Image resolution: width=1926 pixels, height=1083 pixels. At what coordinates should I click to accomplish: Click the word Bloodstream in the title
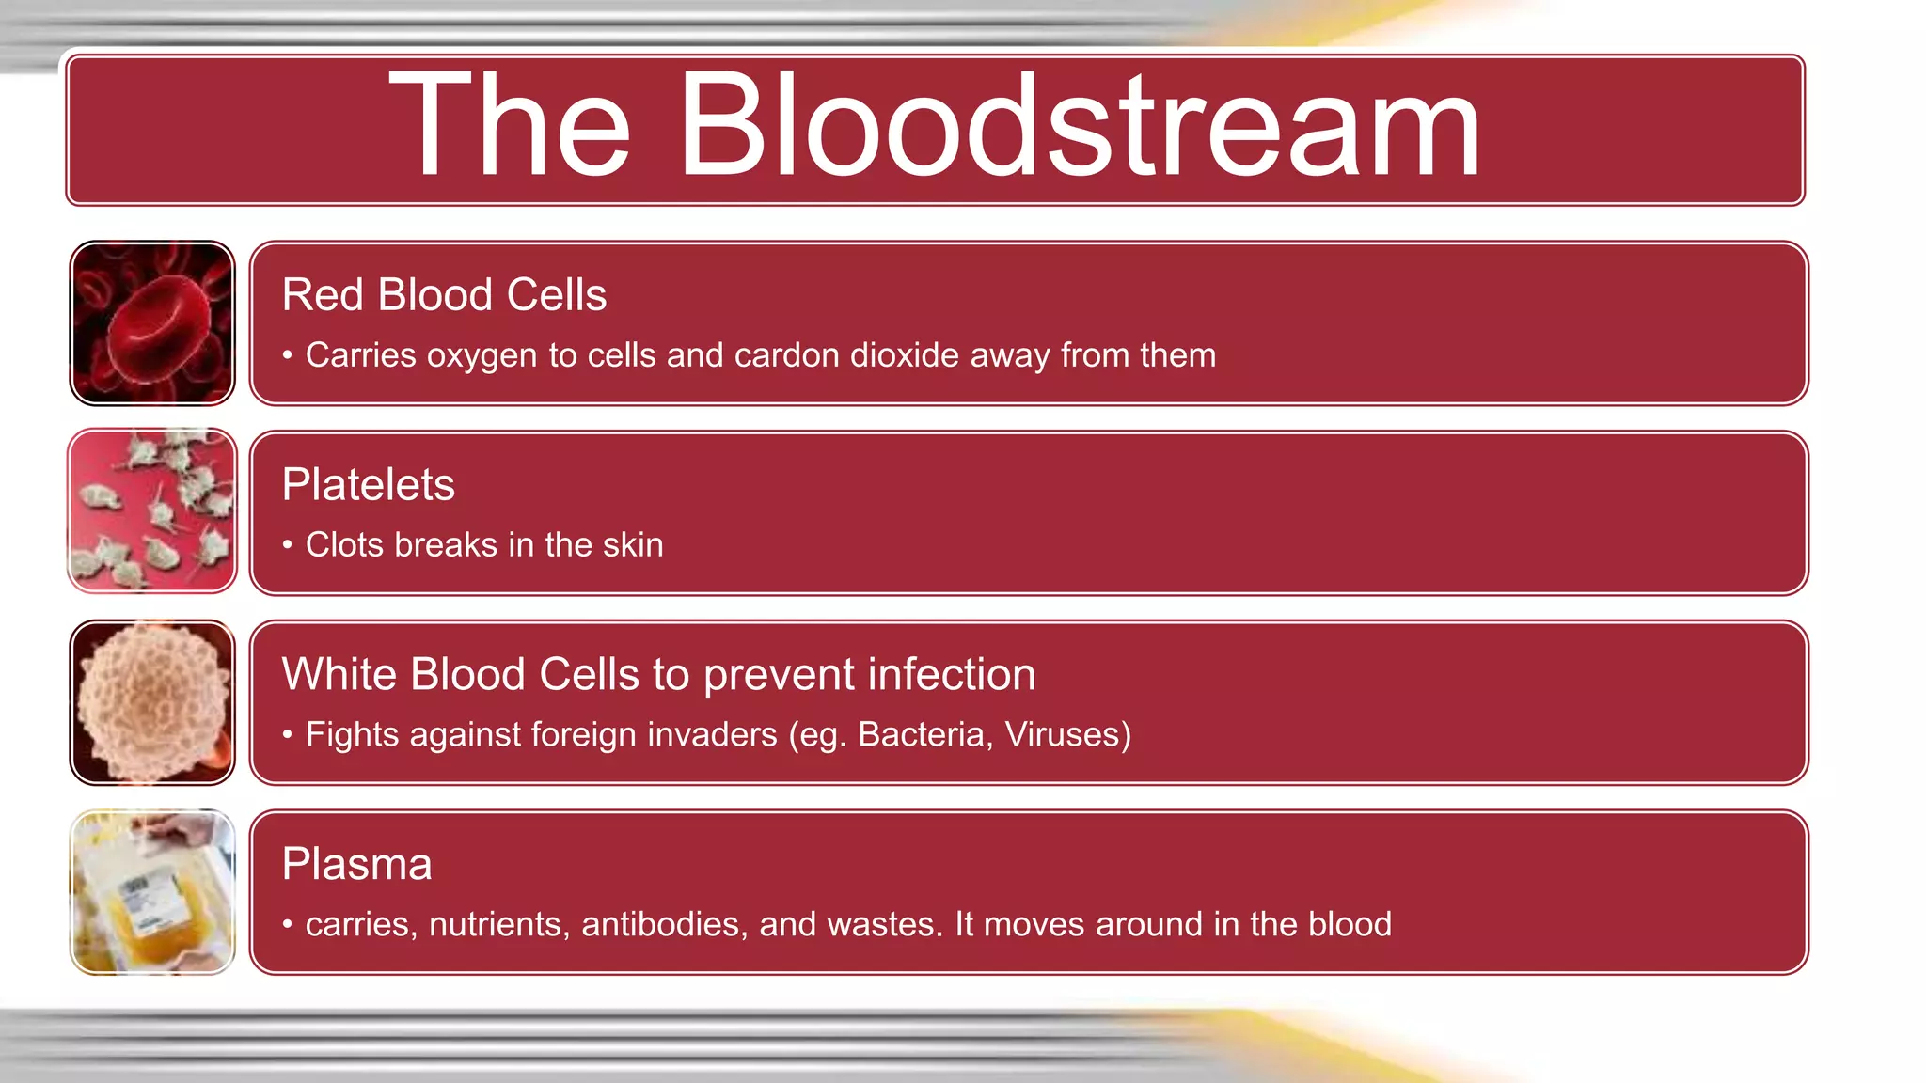[1078, 127]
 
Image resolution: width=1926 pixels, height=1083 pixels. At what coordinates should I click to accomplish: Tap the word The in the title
[509, 127]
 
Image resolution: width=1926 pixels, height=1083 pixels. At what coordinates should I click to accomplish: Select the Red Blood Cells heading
[444, 295]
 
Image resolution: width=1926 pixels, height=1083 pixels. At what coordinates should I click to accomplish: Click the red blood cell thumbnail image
[152, 323]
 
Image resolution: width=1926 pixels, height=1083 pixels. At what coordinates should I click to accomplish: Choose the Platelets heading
[368, 485]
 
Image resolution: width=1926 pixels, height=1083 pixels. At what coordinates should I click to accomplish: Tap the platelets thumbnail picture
[152, 511]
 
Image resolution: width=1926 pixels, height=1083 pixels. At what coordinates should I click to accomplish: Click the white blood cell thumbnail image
[152, 702]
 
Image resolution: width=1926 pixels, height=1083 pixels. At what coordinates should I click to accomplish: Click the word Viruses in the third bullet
[1067, 734]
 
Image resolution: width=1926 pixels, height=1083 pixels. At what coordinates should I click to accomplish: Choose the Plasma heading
[356, 865]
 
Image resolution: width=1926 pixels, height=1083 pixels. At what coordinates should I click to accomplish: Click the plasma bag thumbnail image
[152, 892]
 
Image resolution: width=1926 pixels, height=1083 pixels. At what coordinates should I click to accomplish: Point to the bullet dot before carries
[288, 925]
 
